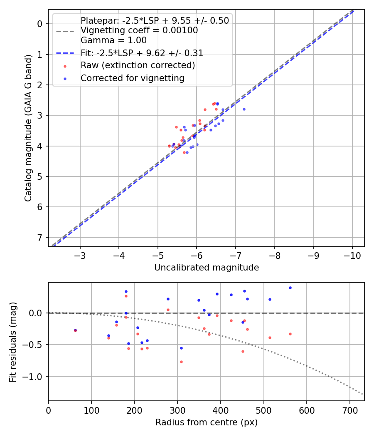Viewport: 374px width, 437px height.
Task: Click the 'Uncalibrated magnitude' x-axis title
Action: [207, 268]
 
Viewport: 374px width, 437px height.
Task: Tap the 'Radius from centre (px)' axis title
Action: [207, 422]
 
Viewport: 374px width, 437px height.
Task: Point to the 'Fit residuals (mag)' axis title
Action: [13, 342]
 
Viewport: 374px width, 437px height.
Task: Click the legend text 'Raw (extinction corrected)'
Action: [138, 65]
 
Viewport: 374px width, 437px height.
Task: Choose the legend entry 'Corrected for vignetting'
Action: [132, 78]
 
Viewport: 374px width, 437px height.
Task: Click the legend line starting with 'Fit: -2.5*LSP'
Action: [142, 53]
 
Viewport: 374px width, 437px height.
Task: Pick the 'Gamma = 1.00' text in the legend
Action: [113, 40]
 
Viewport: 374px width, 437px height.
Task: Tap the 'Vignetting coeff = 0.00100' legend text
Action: [139, 30]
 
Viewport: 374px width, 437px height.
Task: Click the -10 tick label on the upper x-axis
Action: [352, 255]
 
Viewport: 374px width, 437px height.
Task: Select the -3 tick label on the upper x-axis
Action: [80, 255]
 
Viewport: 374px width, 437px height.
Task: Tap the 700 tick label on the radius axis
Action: [349, 410]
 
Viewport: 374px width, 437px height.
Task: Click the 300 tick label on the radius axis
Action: [177, 410]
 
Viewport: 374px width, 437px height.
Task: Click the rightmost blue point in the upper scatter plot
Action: [244, 109]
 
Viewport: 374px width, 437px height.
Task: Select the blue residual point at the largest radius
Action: [290, 288]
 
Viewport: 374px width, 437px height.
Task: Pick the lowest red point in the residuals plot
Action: [181, 362]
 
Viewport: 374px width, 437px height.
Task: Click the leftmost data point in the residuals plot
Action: [75, 330]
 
